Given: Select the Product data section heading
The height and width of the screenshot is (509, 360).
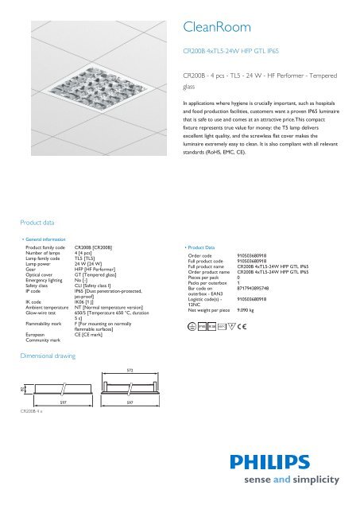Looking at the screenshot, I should coord(37,224).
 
